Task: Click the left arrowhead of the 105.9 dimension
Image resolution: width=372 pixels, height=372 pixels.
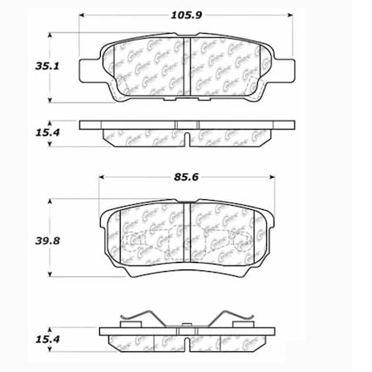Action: pyautogui.click(x=83, y=15)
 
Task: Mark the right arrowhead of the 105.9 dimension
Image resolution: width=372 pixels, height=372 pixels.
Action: pyautogui.click(x=296, y=15)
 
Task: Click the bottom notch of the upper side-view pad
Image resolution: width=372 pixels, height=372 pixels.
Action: pyautogui.click(x=189, y=136)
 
